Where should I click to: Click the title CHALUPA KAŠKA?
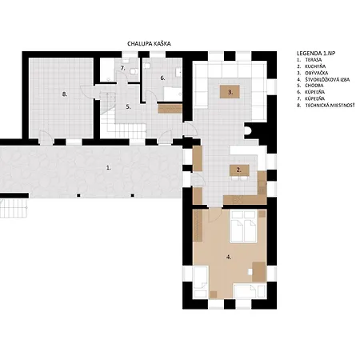click(x=149, y=44)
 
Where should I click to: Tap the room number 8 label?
click(x=65, y=94)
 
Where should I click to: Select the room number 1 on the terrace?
click(x=108, y=168)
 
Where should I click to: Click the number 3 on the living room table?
click(x=230, y=92)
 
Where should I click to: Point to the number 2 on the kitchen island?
click(x=238, y=170)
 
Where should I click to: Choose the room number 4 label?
click(x=229, y=257)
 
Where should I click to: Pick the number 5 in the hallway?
click(x=128, y=107)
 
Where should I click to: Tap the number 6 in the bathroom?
click(x=162, y=78)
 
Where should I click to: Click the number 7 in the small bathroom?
click(x=122, y=68)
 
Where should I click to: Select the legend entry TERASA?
click(x=314, y=60)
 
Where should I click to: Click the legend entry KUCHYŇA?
click(x=315, y=66)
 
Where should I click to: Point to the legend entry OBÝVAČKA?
click(x=317, y=73)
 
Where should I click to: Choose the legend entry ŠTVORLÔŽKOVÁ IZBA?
click(x=327, y=79)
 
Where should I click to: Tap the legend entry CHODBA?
click(x=314, y=86)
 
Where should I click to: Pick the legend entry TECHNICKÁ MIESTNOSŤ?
click(x=330, y=106)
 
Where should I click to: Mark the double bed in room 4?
click(x=243, y=226)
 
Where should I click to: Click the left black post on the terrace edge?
click(x=78, y=195)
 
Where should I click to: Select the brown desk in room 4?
click(x=259, y=272)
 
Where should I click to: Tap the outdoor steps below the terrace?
click(x=14, y=208)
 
